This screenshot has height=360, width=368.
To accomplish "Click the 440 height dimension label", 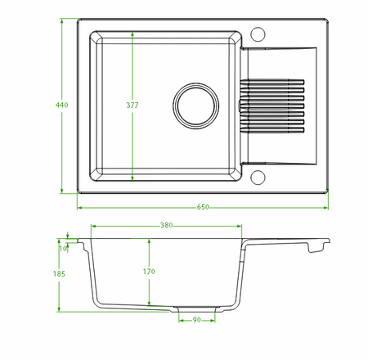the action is coord(61,105).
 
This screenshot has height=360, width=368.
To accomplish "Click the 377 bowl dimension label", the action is coord(132,105).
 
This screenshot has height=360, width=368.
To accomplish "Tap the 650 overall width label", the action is coord(203,207).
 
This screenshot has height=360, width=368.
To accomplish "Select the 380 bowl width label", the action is coord(166,225).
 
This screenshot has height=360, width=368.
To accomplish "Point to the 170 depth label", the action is coord(149,272).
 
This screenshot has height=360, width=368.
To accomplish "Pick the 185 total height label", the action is coord(59,274).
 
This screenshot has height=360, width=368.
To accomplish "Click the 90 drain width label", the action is coord(196,320).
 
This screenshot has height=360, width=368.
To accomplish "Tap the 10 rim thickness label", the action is coord(63,249).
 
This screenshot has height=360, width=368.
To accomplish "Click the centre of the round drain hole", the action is coord(195,106).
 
